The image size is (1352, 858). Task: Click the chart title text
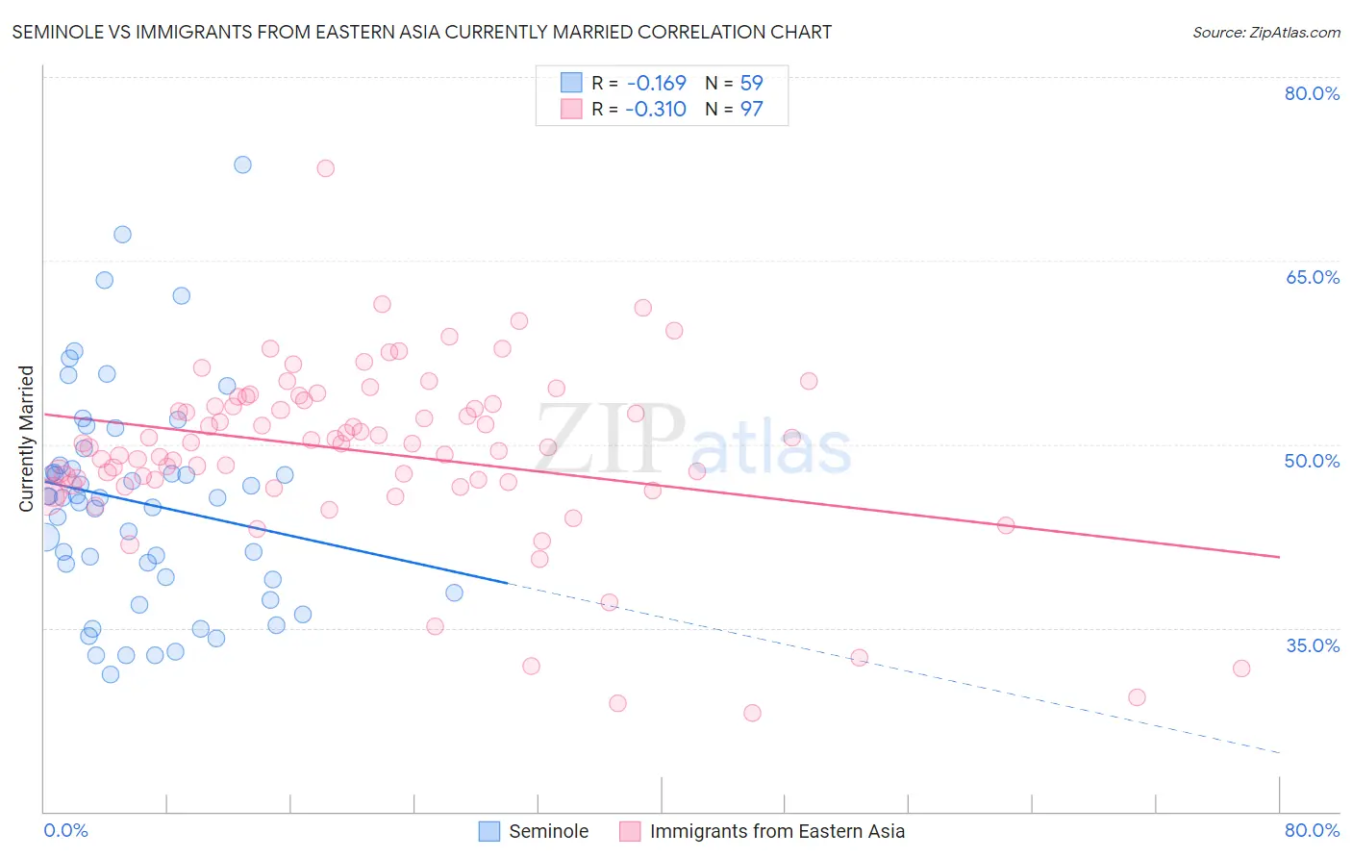[421, 32]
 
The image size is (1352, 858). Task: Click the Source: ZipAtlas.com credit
[1265, 32]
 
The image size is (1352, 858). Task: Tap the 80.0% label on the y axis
[1312, 93]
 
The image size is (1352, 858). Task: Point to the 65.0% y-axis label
[1312, 277]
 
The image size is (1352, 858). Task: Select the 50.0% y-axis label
[1312, 461]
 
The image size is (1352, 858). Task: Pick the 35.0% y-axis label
[1312, 645]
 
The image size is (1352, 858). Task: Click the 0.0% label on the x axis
[65, 830]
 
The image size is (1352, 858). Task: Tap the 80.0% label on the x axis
[1312, 830]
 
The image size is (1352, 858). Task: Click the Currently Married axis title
[26, 439]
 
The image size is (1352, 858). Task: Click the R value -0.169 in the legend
[656, 84]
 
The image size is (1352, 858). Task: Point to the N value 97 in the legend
[751, 110]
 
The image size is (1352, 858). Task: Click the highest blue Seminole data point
[242, 164]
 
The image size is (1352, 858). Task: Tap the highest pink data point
[325, 168]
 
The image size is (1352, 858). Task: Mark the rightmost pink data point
[1241, 669]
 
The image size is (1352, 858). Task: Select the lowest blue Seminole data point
[111, 674]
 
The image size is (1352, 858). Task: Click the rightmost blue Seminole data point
[454, 593]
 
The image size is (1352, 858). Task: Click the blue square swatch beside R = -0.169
[571, 84]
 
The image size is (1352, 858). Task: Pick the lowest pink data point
[752, 713]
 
